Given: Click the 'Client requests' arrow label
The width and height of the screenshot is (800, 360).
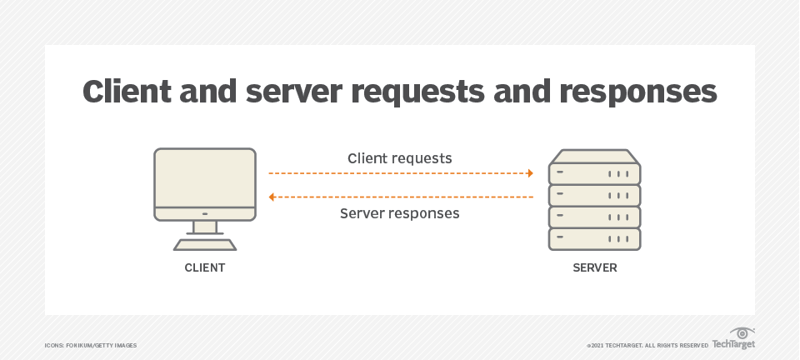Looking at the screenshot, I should (x=400, y=157).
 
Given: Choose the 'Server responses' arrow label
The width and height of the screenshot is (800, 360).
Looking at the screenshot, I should (x=400, y=213).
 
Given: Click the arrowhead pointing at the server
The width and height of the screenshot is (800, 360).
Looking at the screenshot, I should (x=529, y=173).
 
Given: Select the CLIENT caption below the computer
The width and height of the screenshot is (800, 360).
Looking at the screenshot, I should (x=205, y=268).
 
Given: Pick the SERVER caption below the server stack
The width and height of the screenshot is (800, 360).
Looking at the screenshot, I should (x=595, y=268).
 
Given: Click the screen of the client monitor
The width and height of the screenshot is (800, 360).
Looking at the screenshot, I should (x=205, y=177).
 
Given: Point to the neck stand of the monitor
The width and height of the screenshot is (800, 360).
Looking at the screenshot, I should (x=205, y=227).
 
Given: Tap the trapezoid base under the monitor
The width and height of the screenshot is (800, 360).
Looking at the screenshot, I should (x=205, y=244).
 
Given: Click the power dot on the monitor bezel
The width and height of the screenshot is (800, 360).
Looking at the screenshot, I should (x=205, y=212).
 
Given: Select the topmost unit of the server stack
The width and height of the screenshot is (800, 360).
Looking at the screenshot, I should (x=595, y=171).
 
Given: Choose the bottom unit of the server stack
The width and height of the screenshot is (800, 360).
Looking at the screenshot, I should (x=595, y=239).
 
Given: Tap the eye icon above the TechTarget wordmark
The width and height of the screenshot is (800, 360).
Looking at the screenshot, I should (x=742, y=332).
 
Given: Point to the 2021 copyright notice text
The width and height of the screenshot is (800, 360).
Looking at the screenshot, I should (x=647, y=345).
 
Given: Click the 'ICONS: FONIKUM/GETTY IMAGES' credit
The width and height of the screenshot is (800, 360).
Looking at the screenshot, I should (x=91, y=345).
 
